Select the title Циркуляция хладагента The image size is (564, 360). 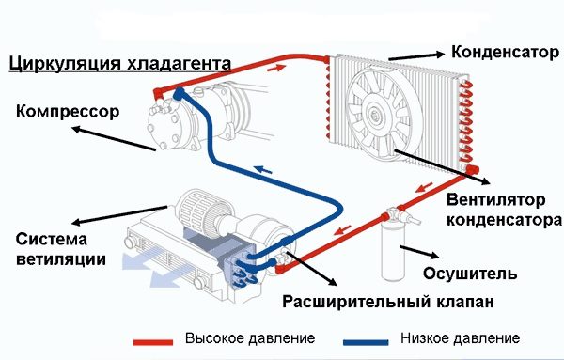pos(119,64)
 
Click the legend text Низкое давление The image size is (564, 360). pos(460,337)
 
